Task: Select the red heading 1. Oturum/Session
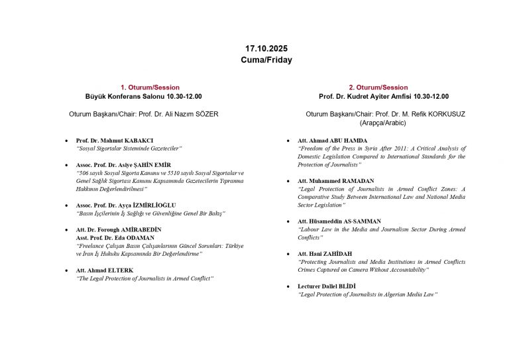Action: (x=144, y=88)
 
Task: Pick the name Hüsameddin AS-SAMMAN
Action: (x=351, y=221)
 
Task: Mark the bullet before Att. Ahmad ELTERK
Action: (x=66, y=270)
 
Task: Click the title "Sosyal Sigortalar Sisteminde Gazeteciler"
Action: (x=129, y=149)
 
